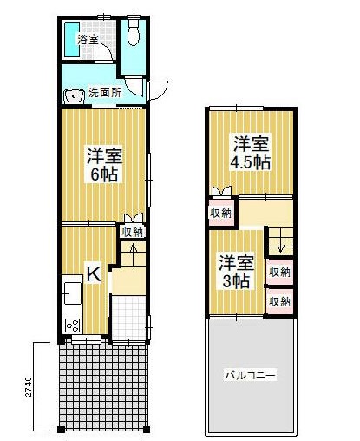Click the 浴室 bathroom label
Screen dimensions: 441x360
click(87, 40)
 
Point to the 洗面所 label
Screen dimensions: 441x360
click(104, 93)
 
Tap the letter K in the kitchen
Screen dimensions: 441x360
click(94, 275)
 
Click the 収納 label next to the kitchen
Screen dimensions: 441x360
click(132, 232)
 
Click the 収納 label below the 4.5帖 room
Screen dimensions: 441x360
click(220, 213)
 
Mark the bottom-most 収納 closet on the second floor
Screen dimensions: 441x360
click(278, 301)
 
